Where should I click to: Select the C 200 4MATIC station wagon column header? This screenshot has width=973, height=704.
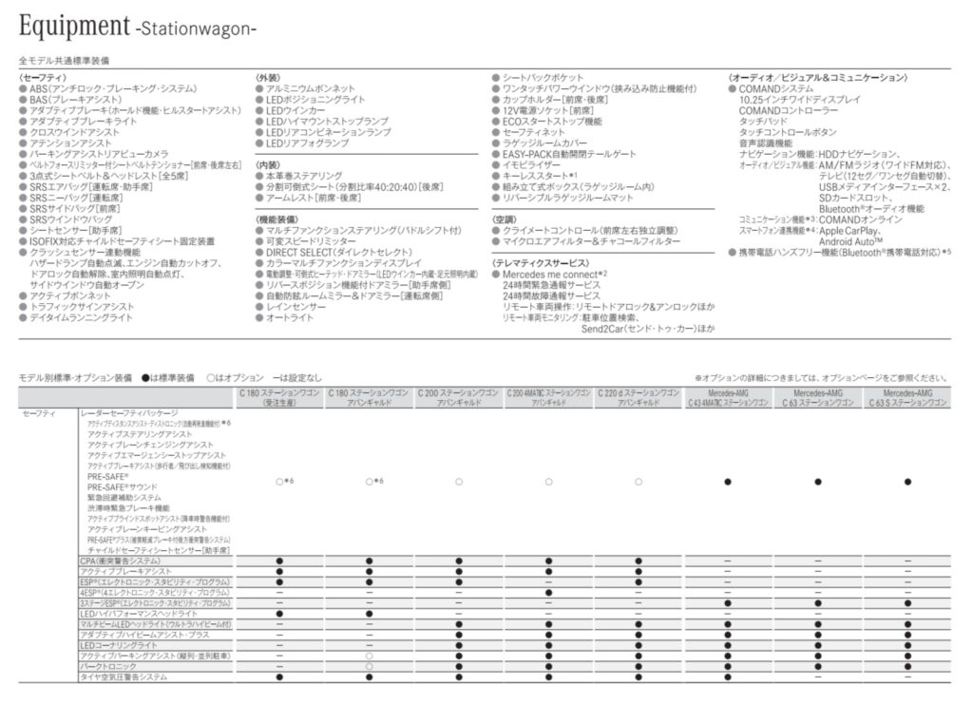click(548, 397)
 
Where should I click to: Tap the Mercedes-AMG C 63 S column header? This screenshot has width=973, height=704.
click(908, 397)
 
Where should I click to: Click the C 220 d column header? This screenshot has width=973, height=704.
click(639, 397)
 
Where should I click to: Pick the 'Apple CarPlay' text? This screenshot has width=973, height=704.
click(850, 230)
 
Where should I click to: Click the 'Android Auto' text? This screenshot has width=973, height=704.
click(850, 241)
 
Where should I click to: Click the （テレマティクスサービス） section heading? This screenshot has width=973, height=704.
click(539, 262)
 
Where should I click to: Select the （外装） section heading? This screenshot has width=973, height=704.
click(267, 77)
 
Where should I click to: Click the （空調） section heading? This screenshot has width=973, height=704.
click(509, 219)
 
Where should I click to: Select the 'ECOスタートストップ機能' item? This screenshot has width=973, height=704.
click(553, 122)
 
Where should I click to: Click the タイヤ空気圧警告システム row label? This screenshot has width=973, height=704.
click(124, 677)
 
